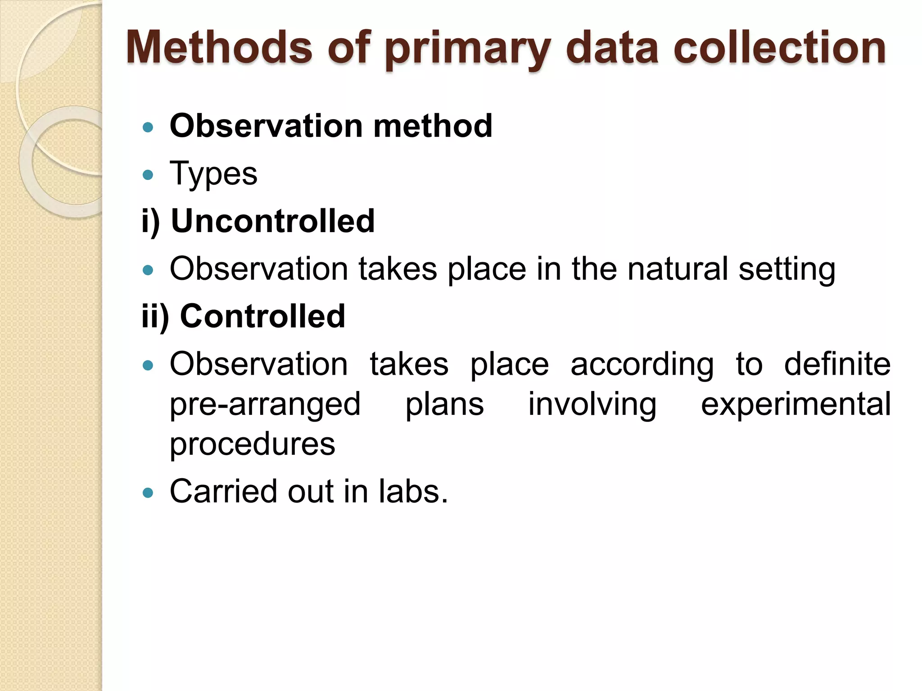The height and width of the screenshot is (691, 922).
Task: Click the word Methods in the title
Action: (x=219, y=47)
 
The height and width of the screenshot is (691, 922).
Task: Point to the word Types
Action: (x=213, y=174)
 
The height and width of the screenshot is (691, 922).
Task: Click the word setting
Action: (x=787, y=270)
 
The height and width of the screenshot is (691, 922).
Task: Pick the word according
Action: (x=642, y=364)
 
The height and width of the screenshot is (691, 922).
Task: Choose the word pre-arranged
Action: (x=265, y=404)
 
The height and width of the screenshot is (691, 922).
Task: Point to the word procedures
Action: (x=252, y=444)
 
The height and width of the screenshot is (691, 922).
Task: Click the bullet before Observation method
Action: (x=148, y=127)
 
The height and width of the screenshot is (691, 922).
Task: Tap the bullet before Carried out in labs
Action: (x=148, y=493)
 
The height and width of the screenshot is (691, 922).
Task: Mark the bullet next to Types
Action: (x=148, y=175)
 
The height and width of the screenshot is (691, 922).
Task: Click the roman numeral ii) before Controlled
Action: (x=155, y=316)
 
